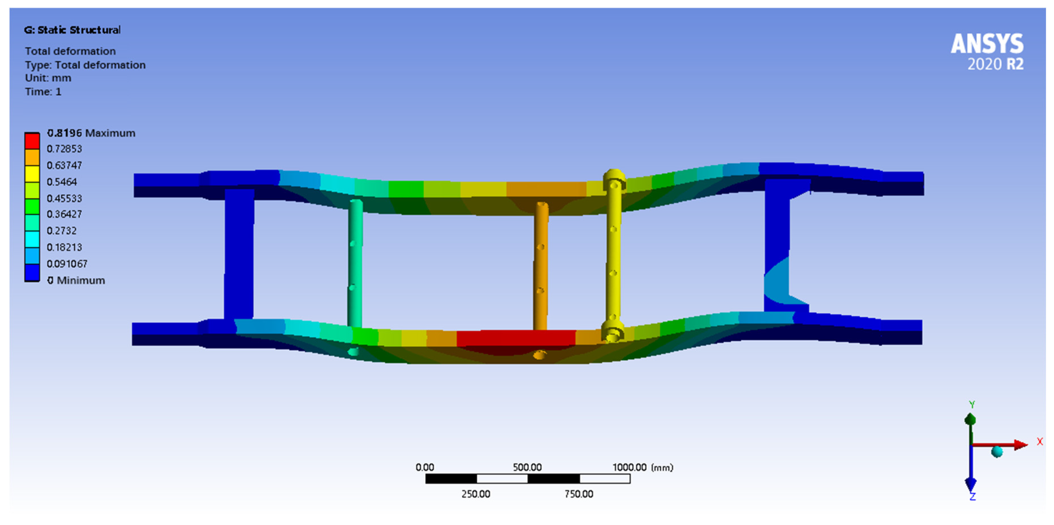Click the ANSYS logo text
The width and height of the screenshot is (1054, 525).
pyautogui.click(x=987, y=44)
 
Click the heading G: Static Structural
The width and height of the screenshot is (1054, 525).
pyautogui.click(x=72, y=30)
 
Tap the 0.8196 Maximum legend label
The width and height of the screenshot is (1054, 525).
pyautogui.click(x=91, y=133)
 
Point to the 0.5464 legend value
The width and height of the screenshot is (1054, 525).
pyautogui.click(x=61, y=182)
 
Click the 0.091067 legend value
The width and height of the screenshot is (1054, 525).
pyautogui.click(x=67, y=264)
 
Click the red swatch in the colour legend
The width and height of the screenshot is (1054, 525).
pyautogui.click(x=32, y=141)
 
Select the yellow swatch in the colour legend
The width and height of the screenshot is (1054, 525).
pyautogui.click(x=32, y=174)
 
